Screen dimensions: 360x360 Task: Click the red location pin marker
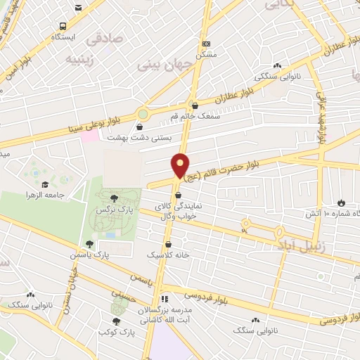180,166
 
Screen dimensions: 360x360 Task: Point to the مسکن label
205,54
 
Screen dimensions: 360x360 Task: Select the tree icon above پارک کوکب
117,320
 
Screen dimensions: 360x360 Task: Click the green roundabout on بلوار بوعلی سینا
143,112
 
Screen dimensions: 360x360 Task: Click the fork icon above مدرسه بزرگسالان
165,297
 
